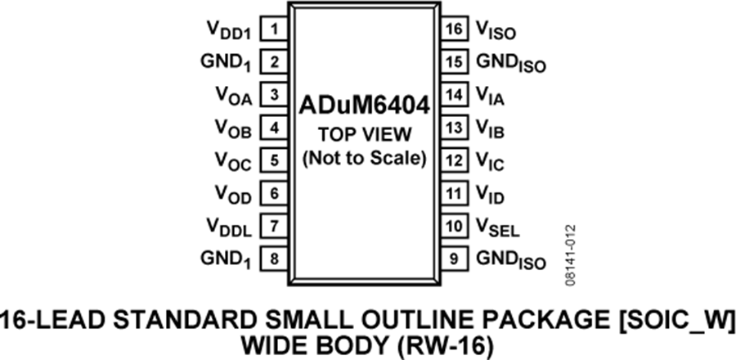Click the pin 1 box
point(274,29)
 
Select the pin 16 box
point(455,29)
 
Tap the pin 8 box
point(274,259)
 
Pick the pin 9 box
point(455,259)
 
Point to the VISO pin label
point(496,31)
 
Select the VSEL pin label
point(498,227)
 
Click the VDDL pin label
point(229,227)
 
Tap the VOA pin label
point(234,97)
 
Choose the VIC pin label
point(490,162)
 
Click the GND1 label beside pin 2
point(226,63)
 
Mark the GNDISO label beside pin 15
point(511,63)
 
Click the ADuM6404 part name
point(364,106)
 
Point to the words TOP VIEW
point(364,135)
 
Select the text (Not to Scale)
point(364,159)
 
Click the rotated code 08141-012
point(570,256)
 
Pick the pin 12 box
point(455,160)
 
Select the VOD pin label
point(234,195)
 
